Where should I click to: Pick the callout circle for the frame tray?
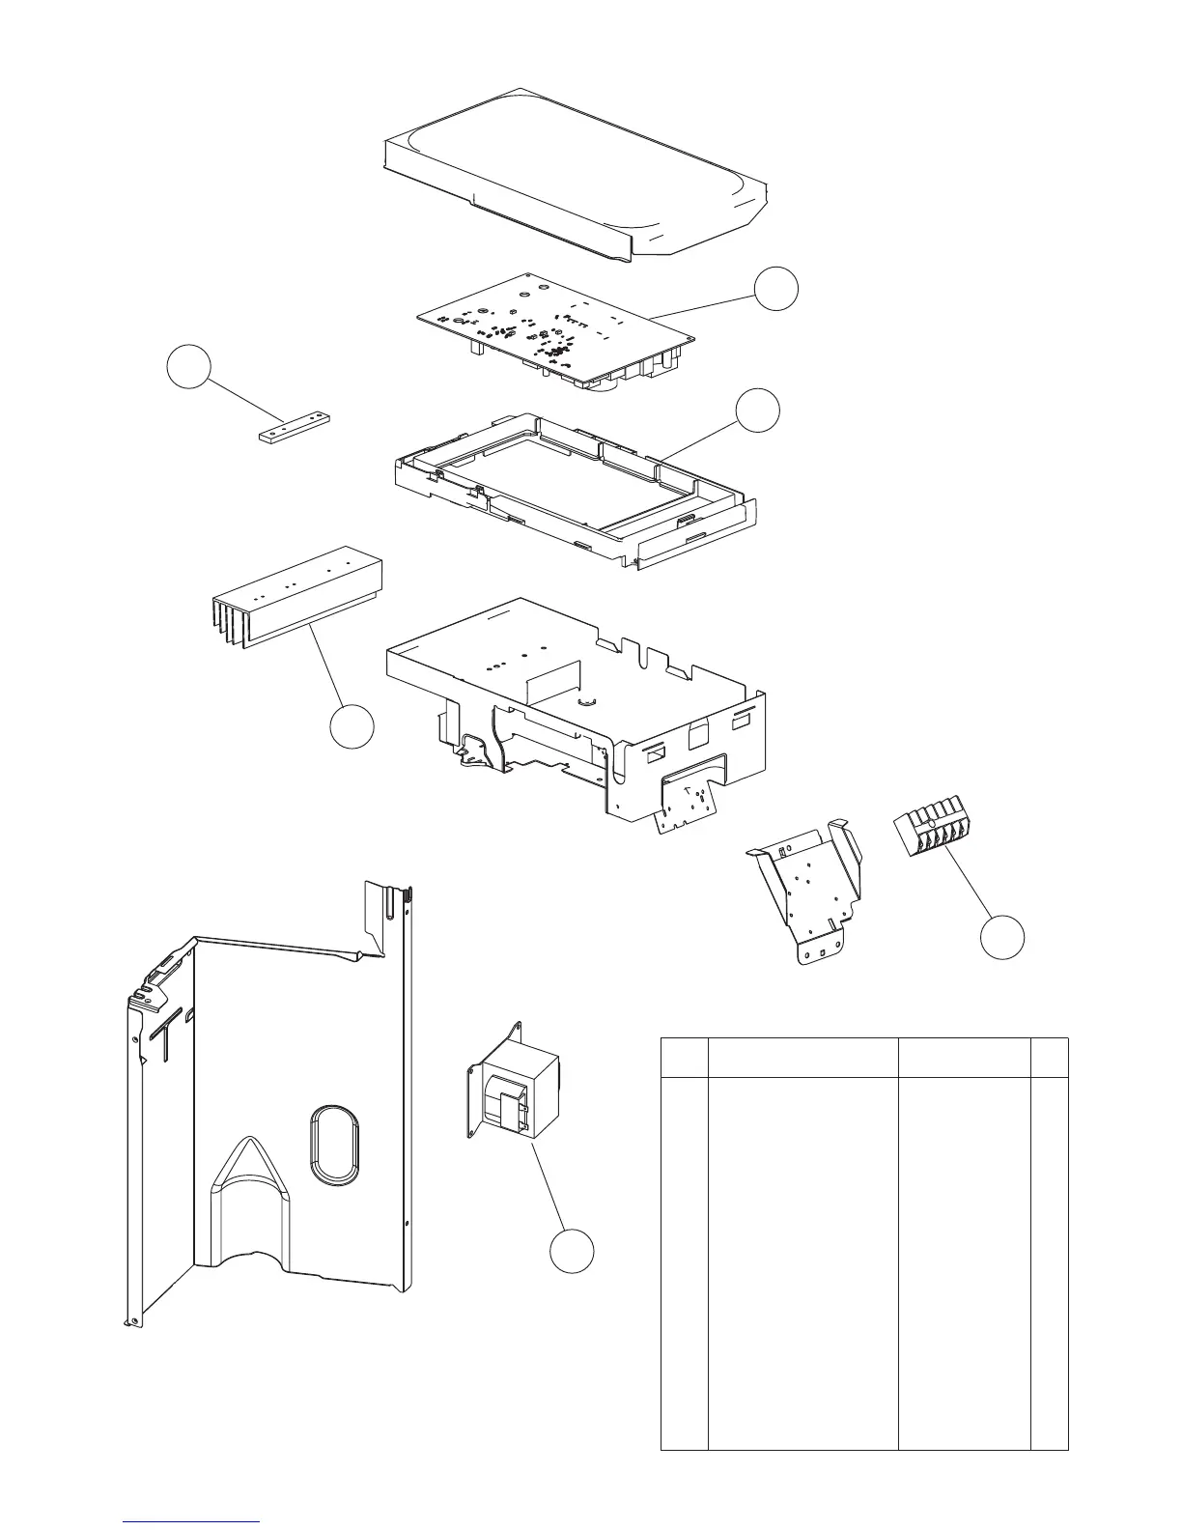[x=758, y=410]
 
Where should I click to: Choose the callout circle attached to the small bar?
[x=188, y=367]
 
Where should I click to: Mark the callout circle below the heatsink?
[x=352, y=725]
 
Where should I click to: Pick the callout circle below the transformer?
[x=572, y=1252]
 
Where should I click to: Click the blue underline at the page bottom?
[x=192, y=1521]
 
